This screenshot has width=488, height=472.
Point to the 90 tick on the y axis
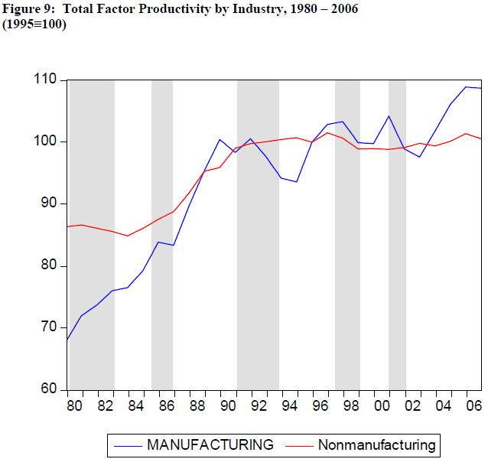click(48, 203)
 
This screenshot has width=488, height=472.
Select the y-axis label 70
click(48, 327)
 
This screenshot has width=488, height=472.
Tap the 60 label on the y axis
click(48, 389)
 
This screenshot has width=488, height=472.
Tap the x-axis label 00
click(382, 404)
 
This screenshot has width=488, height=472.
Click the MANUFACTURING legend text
click(210, 444)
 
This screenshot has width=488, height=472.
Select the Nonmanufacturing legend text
click(376, 444)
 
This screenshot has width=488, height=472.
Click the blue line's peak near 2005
click(466, 86)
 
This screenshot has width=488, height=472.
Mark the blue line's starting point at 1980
click(68, 340)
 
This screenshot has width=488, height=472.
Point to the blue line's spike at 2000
click(389, 116)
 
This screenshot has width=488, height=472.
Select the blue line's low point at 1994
click(296, 182)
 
